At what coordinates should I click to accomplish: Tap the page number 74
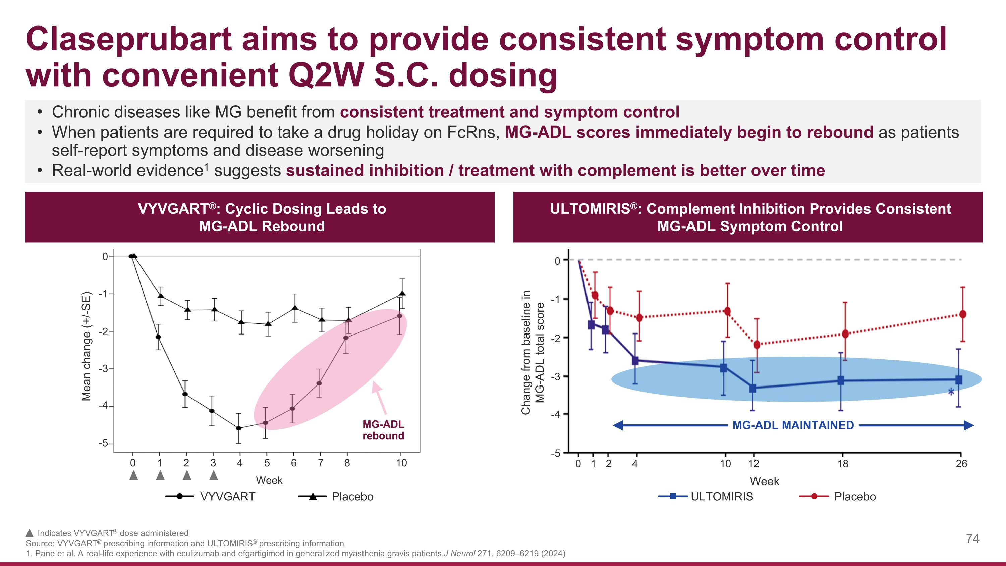pos(972,539)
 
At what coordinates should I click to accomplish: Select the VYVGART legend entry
pos(227,497)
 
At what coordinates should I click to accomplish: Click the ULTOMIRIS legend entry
pos(721,497)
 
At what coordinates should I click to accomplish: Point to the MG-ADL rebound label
pos(383,430)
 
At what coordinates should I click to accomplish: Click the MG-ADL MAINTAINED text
pos(793,425)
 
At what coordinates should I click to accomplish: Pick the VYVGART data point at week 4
pos(239,428)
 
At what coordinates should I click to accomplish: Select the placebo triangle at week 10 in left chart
pos(402,293)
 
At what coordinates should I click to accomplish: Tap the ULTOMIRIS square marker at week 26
pos(958,380)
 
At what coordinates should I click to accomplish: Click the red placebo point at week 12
pos(757,345)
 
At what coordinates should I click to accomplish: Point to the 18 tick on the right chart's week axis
pos(843,464)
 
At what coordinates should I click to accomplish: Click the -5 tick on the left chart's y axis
pos(104,443)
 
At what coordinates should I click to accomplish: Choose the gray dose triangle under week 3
pos(213,475)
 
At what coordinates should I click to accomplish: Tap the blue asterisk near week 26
pos(951,392)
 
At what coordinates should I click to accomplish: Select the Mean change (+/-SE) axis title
pos(86,347)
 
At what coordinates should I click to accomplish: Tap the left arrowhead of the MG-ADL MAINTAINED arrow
pos(617,425)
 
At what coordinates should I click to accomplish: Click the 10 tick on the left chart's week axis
pos(401,463)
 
